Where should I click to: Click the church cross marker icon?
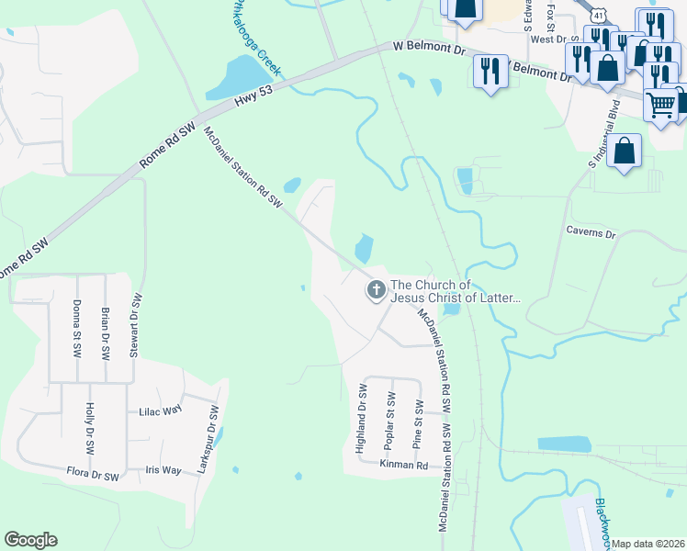[x=376, y=291]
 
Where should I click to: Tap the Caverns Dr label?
[x=591, y=232]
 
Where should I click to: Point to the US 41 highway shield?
[x=599, y=16]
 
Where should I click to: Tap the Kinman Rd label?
[x=404, y=466]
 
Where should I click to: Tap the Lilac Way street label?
[x=161, y=411]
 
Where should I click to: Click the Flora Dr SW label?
[x=93, y=476]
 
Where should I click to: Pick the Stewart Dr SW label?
[x=137, y=325]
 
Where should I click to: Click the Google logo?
[x=30, y=540]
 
